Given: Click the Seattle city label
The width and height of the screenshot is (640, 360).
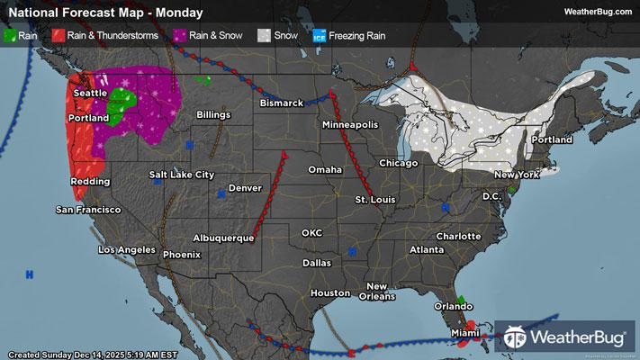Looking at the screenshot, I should coord(89,93).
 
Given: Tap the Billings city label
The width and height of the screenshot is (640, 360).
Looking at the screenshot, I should coord(214,115).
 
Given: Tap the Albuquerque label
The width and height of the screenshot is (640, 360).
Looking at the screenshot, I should coord(223,238).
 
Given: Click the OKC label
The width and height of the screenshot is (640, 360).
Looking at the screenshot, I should coord(311,232).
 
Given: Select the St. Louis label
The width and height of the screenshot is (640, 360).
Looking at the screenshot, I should coord(374,198).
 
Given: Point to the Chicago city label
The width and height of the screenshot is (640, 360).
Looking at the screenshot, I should coord(399,163).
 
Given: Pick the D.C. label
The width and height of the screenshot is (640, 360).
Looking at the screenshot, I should coord(491,195).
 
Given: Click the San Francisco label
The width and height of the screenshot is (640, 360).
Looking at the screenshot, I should coord(88,210).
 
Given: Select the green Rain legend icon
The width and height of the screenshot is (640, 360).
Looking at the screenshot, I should coord(10,36).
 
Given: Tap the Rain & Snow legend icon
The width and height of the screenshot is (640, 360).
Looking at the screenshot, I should coord(181,36).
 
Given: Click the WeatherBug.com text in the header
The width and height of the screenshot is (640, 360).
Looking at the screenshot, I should coord(598,12).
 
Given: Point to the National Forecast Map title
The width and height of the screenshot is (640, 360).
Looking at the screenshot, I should coord(104,12).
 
